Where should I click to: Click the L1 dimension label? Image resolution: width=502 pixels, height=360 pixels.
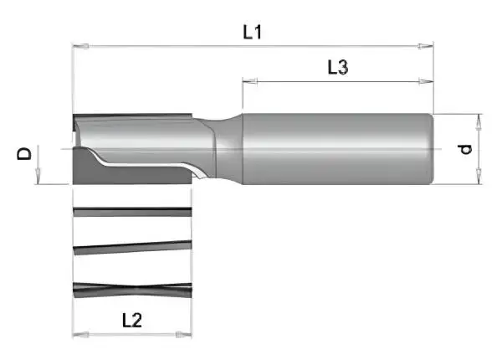click(x=253, y=33)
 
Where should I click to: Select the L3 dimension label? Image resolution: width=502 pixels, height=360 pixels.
click(x=337, y=69)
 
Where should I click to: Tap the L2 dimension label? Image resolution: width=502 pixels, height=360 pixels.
click(x=133, y=320)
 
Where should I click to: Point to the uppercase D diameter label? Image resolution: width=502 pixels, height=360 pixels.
click(x=25, y=153)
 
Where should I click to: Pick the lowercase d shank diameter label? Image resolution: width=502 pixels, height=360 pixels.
click(x=465, y=149)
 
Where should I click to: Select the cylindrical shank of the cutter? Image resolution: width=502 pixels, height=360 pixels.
click(x=335, y=148)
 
